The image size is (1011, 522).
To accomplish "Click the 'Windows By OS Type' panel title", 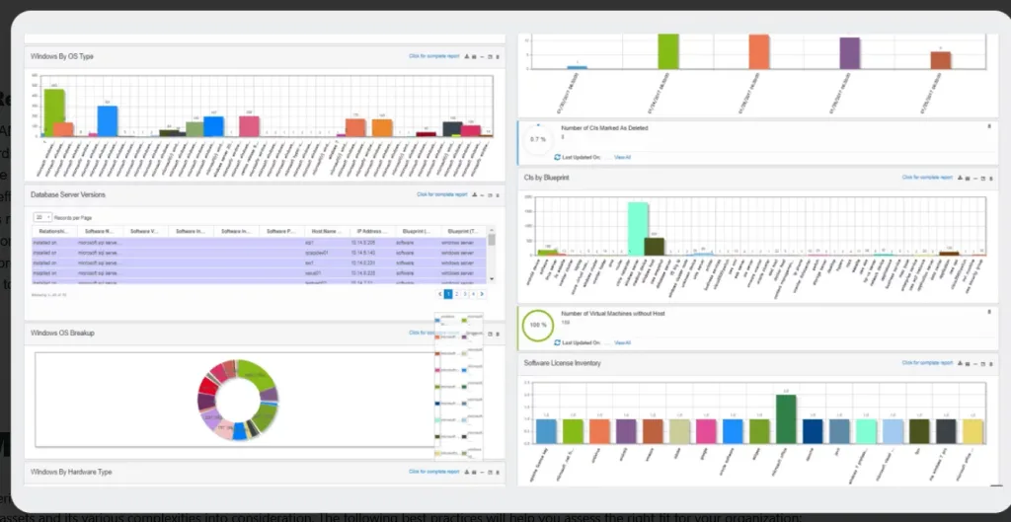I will [x=62, y=56].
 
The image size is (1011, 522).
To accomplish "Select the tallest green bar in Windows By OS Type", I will [x=54, y=112].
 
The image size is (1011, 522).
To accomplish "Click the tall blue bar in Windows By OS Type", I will [x=108, y=120].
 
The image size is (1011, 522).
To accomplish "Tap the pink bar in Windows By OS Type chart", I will [x=250, y=126].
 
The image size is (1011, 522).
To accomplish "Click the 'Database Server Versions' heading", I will [x=68, y=195].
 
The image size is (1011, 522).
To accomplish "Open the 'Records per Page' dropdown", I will [x=43, y=216].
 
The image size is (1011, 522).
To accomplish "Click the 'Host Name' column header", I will [x=326, y=231].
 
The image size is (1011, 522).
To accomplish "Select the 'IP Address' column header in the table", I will [x=371, y=231].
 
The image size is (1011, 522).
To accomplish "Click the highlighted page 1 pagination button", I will [x=448, y=294].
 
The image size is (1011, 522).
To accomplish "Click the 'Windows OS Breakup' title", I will [x=62, y=334].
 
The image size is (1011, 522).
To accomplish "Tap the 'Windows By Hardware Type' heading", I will [x=71, y=472].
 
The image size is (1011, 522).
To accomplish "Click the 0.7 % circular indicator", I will [x=538, y=139].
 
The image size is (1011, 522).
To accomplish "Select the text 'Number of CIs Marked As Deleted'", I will [x=604, y=128].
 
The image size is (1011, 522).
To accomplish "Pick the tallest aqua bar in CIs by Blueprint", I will [x=638, y=228].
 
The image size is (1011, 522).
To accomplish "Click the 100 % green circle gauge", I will [x=538, y=324].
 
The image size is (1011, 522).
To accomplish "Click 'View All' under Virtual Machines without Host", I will [x=622, y=342].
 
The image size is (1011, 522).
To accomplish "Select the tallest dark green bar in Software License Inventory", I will [x=786, y=418].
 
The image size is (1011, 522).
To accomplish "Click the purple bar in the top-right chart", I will [x=849, y=53].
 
